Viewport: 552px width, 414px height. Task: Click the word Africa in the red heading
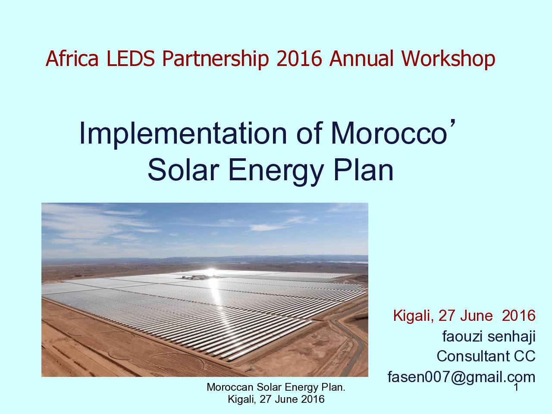pos(72,58)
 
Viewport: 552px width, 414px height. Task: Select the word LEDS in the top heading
pos(130,58)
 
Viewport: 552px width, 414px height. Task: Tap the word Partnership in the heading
pos(215,60)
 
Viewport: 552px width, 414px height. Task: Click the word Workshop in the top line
pos(448,60)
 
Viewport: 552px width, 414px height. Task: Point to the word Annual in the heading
pos(361,58)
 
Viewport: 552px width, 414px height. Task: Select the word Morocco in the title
pos(389,133)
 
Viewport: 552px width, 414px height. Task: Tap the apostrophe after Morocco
pos(453,125)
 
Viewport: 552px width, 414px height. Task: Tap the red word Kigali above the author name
pos(414,316)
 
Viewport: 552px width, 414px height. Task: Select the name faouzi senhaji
pos(489,336)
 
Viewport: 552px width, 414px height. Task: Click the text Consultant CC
pos(486,357)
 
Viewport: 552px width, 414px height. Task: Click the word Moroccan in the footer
pos(230,387)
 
